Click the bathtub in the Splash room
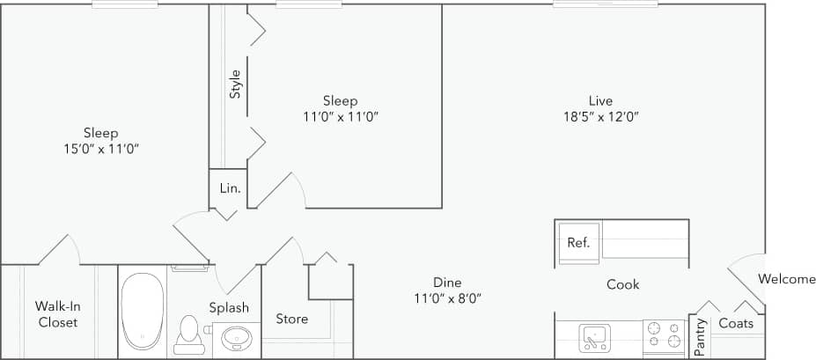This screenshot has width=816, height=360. click(143, 310)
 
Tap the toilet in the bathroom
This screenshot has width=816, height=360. click(187, 334)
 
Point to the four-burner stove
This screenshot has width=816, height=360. click(665, 335)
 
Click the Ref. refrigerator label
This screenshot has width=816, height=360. click(578, 243)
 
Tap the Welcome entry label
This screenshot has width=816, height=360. click(786, 280)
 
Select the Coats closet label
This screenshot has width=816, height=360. click(736, 324)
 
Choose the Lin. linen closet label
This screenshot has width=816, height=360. click(230, 188)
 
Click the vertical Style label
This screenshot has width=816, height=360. click(235, 84)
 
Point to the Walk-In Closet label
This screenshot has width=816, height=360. click(56, 314)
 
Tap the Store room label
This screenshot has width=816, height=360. click(291, 319)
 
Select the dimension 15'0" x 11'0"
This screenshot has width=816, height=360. click(101, 149)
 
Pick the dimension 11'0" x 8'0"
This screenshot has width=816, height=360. click(446, 298)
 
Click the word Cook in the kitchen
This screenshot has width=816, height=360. click(622, 284)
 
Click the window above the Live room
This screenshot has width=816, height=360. click(605, 4)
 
